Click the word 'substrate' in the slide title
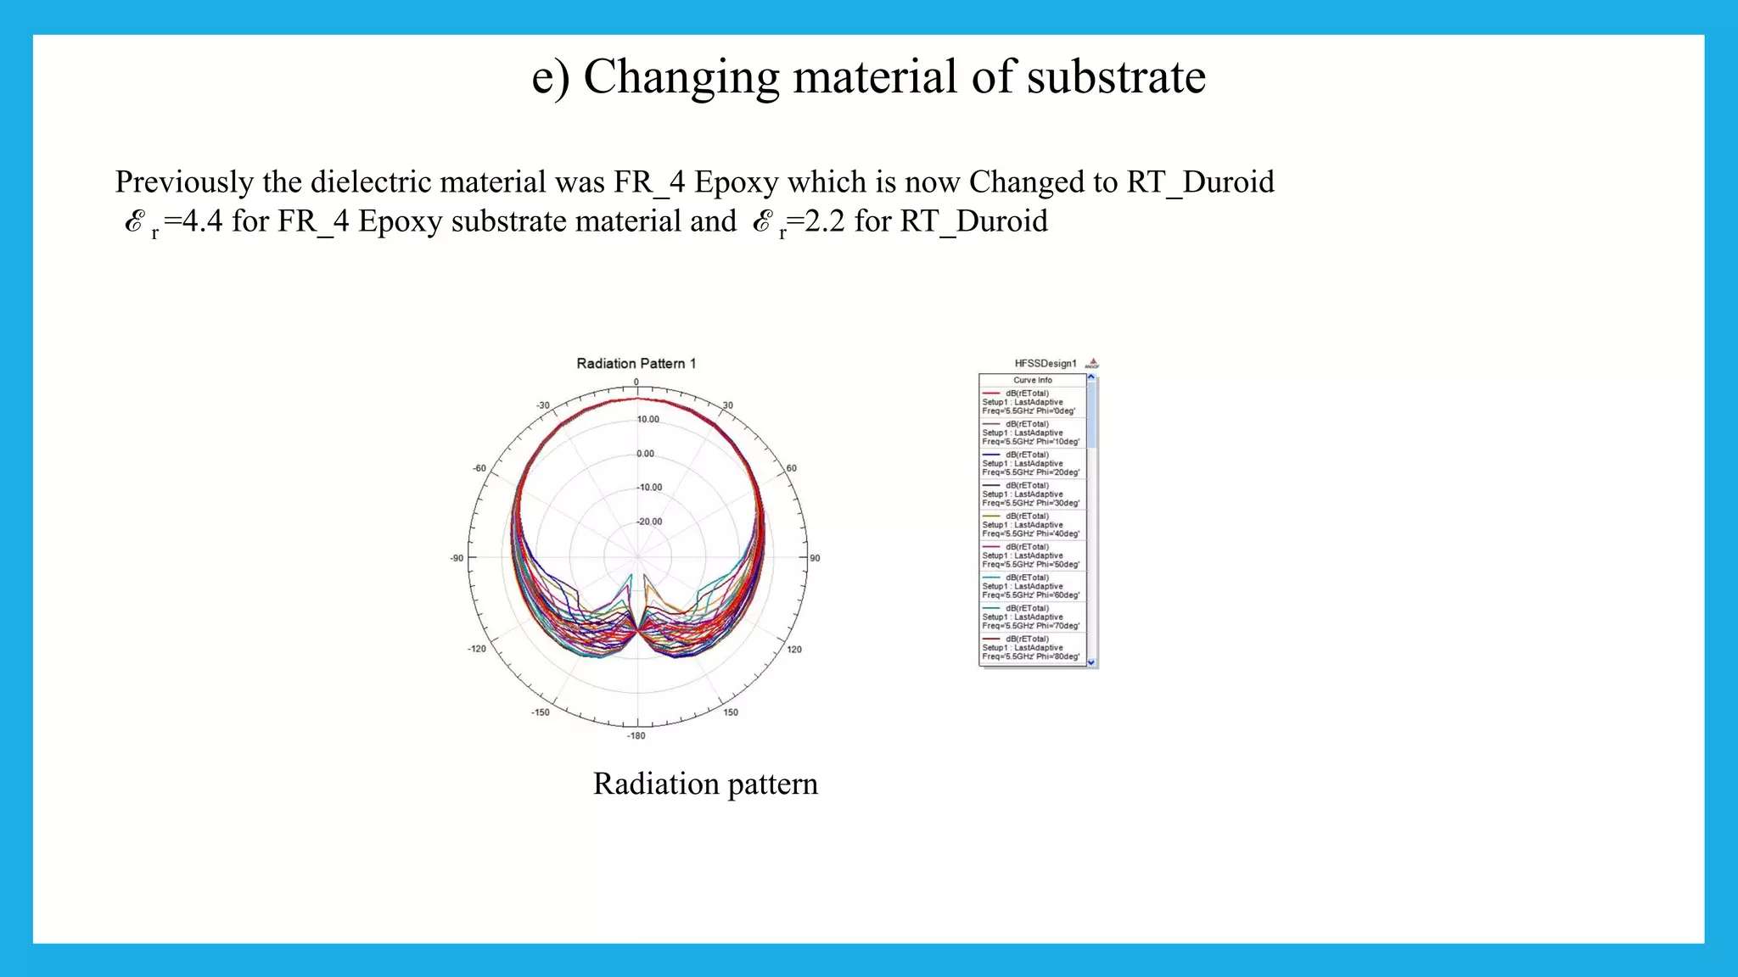tap(1115, 77)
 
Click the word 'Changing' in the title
tap(681, 77)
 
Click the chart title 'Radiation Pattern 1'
tap(636, 364)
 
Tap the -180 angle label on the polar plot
tap(636, 736)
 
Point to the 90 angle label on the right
tap(815, 558)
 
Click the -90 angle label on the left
tap(457, 558)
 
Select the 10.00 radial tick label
tap(648, 420)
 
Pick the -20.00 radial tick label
tap(650, 522)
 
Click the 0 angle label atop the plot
tap(636, 382)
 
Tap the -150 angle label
tap(541, 712)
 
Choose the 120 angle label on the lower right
tap(794, 650)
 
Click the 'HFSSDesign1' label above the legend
tap(1045, 364)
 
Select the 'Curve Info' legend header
tap(1032, 380)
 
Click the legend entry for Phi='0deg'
tap(1031, 402)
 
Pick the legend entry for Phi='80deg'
tap(1031, 648)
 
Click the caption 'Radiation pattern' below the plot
tap(705, 784)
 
